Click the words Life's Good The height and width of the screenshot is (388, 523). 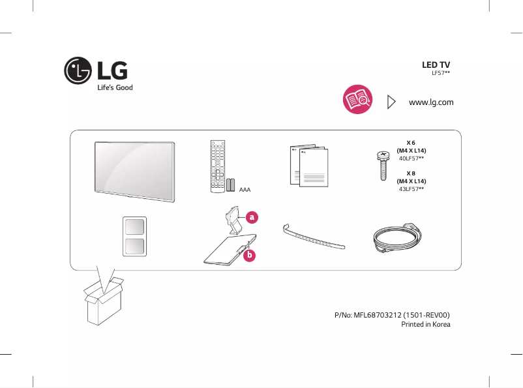(x=115, y=87)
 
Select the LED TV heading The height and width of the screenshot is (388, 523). (x=436, y=65)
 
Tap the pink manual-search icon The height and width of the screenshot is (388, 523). (x=357, y=102)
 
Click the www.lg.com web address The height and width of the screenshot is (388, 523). (x=430, y=102)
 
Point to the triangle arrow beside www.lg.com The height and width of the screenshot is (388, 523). (x=391, y=102)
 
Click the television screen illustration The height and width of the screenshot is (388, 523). (x=134, y=168)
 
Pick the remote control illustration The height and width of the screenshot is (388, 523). (x=217, y=166)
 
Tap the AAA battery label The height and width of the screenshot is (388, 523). (x=245, y=190)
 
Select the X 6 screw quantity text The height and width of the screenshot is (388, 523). (x=411, y=142)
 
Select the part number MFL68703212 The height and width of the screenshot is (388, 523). (x=391, y=314)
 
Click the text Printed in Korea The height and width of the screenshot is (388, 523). (x=425, y=324)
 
